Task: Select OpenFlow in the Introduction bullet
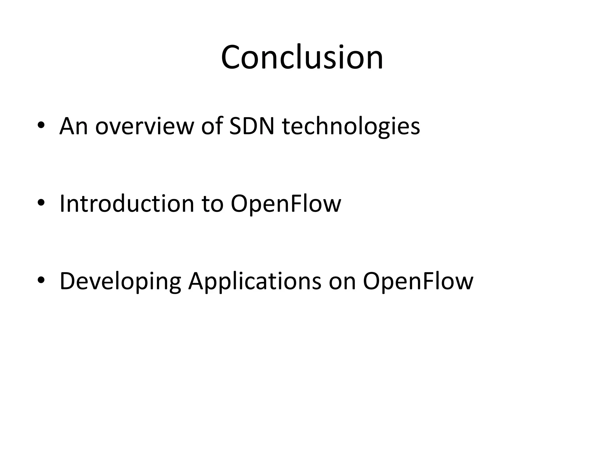point(286,204)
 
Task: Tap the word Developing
point(120,281)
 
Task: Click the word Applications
point(255,281)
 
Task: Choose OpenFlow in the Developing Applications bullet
point(418,281)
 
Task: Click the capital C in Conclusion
point(230,57)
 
